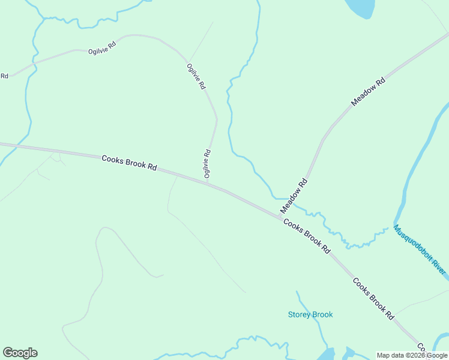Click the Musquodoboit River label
click(x=420, y=250)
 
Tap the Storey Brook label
click(x=310, y=314)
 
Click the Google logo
click(x=20, y=353)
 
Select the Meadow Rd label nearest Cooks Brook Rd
click(x=294, y=196)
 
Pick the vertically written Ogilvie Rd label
click(x=207, y=164)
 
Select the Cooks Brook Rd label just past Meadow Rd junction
click(x=307, y=236)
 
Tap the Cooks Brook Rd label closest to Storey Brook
click(x=373, y=298)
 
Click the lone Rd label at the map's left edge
click(x=4, y=76)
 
